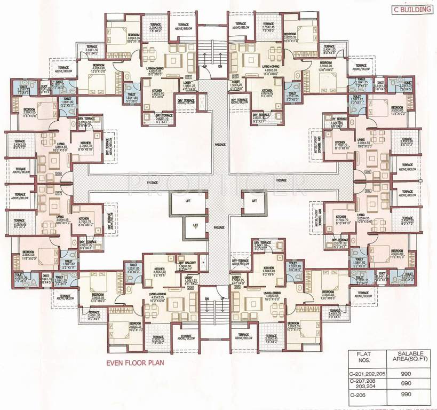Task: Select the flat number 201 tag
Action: (x=188, y=77)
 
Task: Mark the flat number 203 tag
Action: (x=367, y=172)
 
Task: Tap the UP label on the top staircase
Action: (x=205, y=67)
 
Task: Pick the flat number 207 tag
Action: (x=59, y=193)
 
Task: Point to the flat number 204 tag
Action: (x=367, y=190)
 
